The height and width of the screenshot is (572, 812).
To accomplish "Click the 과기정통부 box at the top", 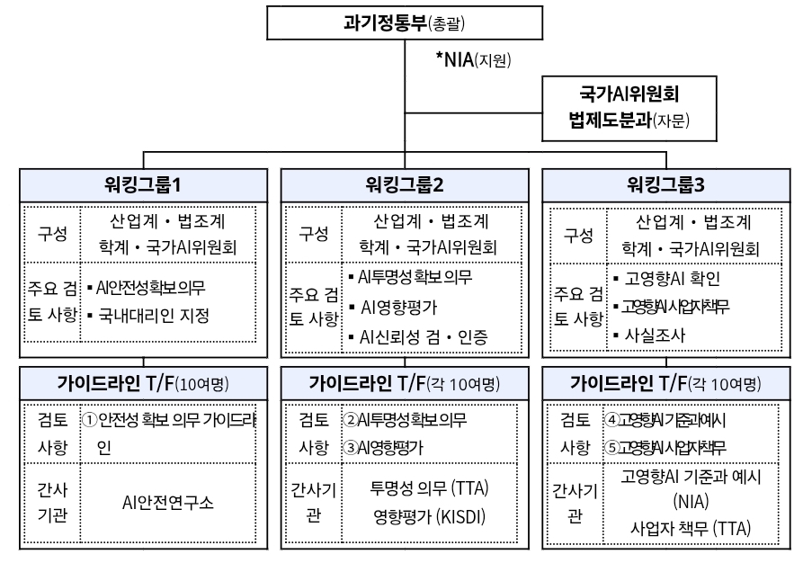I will [406, 22].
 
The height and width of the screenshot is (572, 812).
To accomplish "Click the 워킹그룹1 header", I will [144, 186].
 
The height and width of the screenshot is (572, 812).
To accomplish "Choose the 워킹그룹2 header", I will [405, 186].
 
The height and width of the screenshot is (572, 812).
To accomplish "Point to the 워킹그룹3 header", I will [666, 186].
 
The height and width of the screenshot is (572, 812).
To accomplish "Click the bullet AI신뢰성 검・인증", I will [415, 337].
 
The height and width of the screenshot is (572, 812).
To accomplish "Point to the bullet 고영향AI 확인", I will [671, 279].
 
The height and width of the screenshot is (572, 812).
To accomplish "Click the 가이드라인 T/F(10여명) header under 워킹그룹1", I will [144, 384].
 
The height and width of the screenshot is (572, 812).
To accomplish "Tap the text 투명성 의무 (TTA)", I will [428, 490].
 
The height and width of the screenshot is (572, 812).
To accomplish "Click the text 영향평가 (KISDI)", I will [428, 517].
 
